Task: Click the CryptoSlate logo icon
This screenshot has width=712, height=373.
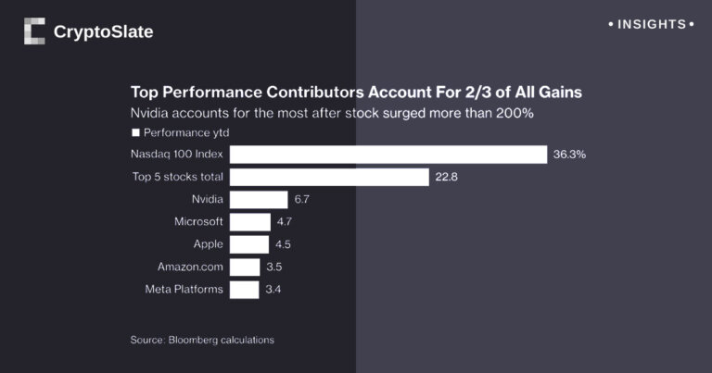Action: [34, 31]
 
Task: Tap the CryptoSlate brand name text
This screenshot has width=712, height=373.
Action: [103, 32]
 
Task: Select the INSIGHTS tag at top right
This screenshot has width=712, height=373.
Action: [650, 24]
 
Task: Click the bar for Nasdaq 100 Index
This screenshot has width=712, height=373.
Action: [388, 155]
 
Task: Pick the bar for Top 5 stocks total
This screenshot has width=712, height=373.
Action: [329, 177]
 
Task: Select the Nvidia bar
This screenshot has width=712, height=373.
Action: [259, 200]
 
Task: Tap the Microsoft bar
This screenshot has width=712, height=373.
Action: [249, 222]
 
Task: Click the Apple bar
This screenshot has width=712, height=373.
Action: [248, 244]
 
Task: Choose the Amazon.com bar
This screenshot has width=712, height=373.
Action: [245, 267]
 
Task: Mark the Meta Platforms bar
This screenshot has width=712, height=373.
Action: [244, 290]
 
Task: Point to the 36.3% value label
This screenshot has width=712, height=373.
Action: [569, 155]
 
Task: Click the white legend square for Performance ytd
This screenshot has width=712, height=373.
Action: [135, 133]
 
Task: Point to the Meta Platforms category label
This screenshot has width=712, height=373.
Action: [184, 290]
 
